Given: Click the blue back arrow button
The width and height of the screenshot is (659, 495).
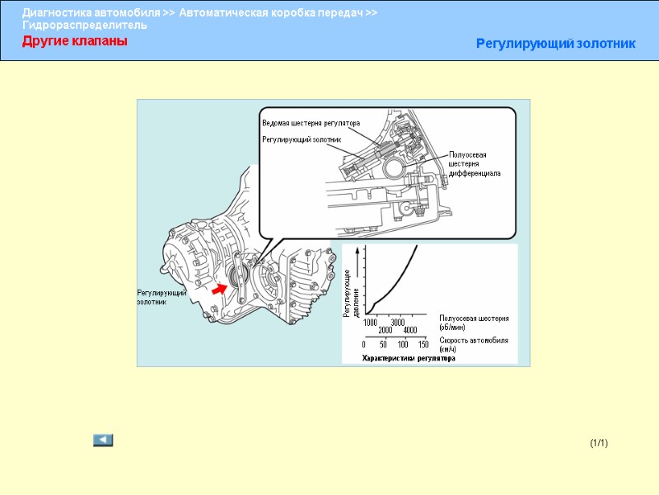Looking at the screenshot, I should (x=103, y=440).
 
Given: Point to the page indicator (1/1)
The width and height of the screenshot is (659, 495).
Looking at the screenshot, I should (x=598, y=444).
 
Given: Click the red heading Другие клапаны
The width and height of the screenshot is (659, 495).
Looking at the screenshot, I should (x=74, y=41).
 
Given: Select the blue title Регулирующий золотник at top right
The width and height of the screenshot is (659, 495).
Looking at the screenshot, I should (x=555, y=43).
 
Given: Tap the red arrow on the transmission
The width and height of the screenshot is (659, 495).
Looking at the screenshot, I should (x=219, y=289).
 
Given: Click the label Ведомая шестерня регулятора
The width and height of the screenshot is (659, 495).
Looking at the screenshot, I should (x=311, y=123).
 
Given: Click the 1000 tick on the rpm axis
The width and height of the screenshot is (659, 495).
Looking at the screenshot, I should (x=371, y=322).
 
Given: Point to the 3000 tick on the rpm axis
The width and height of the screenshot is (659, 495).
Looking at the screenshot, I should (x=399, y=322).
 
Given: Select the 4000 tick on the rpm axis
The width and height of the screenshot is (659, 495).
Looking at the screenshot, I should (x=412, y=331).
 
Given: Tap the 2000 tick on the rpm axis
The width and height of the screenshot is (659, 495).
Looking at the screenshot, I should (x=386, y=331).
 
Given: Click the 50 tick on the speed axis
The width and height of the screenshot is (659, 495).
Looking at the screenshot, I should (x=384, y=344).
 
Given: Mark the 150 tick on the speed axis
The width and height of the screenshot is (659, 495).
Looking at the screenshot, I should (x=423, y=344).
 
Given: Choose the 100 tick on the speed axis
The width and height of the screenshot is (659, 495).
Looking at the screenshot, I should (x=404, y=344).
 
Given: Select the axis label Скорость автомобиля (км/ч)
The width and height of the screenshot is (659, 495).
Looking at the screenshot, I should (x=473, y=344).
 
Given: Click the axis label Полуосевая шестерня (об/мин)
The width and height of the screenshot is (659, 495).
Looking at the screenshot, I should (x=473, y=323).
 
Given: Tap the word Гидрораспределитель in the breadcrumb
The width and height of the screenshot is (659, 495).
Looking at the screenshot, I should (x=85, y=25).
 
